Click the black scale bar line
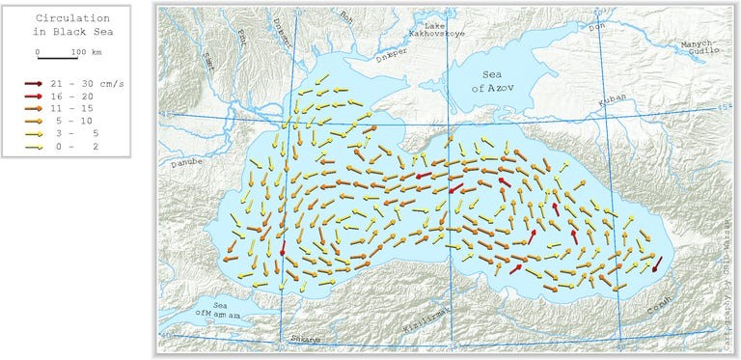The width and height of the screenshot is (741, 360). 56,58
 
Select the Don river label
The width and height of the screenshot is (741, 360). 598,28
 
